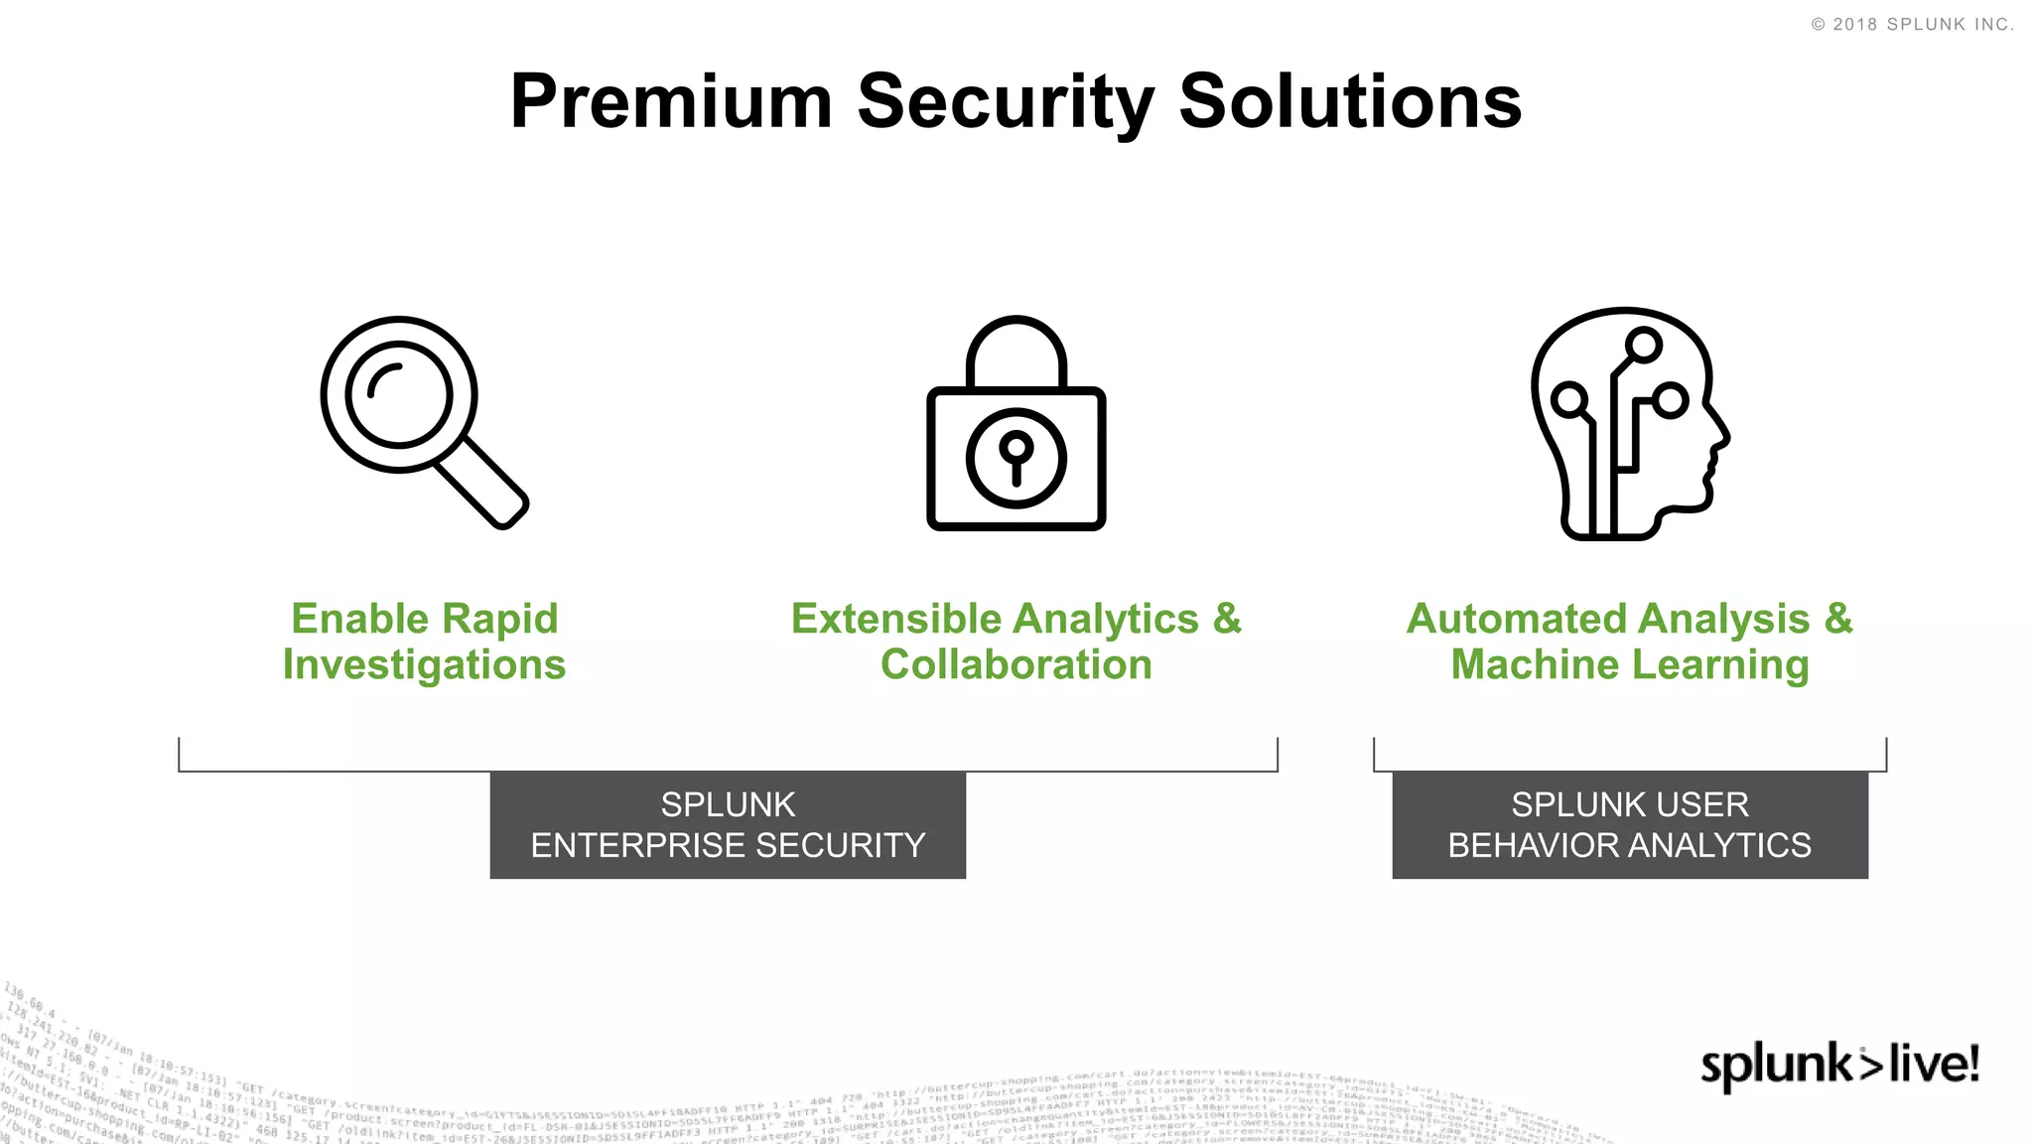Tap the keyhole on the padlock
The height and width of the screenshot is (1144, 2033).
coord(1016,458)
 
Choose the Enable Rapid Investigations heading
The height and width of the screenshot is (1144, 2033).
coord(424,642)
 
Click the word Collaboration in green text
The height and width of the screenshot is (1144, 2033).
coord(1016,665)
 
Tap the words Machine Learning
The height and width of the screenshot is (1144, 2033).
coord(1629,665)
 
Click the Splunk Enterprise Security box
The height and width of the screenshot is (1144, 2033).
coord(728,824)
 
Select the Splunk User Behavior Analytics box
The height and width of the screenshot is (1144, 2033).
coord(1629,824)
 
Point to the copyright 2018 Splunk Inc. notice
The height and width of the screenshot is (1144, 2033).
coord(1912,25)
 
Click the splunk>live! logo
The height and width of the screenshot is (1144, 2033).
coord(1839,1065)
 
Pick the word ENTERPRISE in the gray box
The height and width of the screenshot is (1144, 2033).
coord(637,845)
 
